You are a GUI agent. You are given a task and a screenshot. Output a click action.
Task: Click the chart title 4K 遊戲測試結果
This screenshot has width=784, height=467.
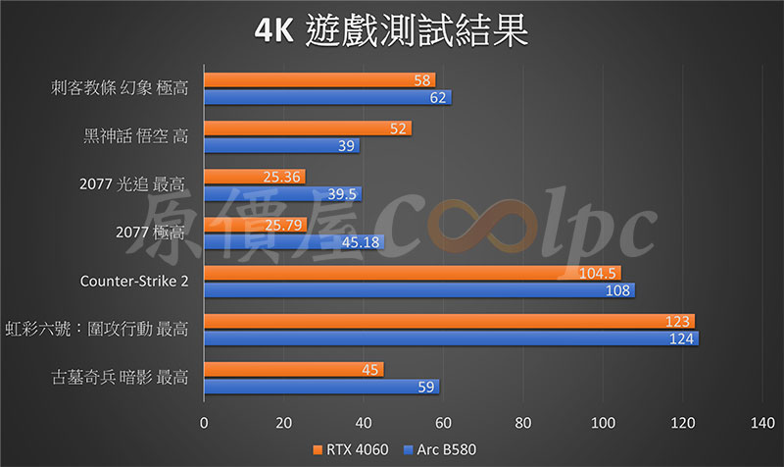click(x=391, y=31)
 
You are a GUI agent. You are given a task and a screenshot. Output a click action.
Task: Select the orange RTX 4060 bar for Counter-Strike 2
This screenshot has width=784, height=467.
click(x=412, y=273)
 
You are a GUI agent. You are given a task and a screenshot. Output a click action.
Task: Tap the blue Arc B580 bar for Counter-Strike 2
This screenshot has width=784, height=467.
click(x=418, y=290)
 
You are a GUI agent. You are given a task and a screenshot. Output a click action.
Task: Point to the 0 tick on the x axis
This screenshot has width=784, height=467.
click(x=204, y=424)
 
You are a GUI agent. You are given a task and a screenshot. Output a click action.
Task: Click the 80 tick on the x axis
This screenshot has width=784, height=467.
click(x=522, y=424)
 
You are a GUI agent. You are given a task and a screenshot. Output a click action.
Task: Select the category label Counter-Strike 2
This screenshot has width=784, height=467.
click(x=134, y=282)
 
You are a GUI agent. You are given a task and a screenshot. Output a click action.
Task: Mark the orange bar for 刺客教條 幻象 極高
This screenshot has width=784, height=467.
click(x=318, y=80)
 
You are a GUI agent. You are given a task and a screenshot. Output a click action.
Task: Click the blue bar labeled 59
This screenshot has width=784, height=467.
click(x=320, y=387)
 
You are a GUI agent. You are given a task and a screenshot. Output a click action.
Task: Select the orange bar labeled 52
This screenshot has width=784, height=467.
click(x=307, y=129)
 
